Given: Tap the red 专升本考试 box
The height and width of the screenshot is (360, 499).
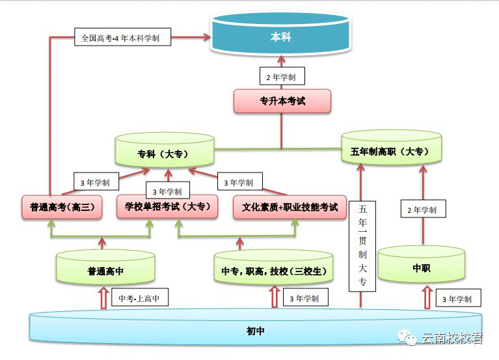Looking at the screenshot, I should [282, 102].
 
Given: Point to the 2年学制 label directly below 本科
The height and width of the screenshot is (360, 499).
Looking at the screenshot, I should [281, 77].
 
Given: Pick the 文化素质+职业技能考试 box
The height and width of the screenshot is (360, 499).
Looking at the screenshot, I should [290, 207].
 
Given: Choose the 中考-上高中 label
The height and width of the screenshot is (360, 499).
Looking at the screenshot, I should [139, 299].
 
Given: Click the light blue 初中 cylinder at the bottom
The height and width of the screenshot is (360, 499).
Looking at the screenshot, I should [255, 331].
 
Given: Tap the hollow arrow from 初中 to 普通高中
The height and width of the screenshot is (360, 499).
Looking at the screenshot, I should [102, 299].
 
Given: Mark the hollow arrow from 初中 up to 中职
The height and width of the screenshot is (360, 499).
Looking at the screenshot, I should [427, 298].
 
